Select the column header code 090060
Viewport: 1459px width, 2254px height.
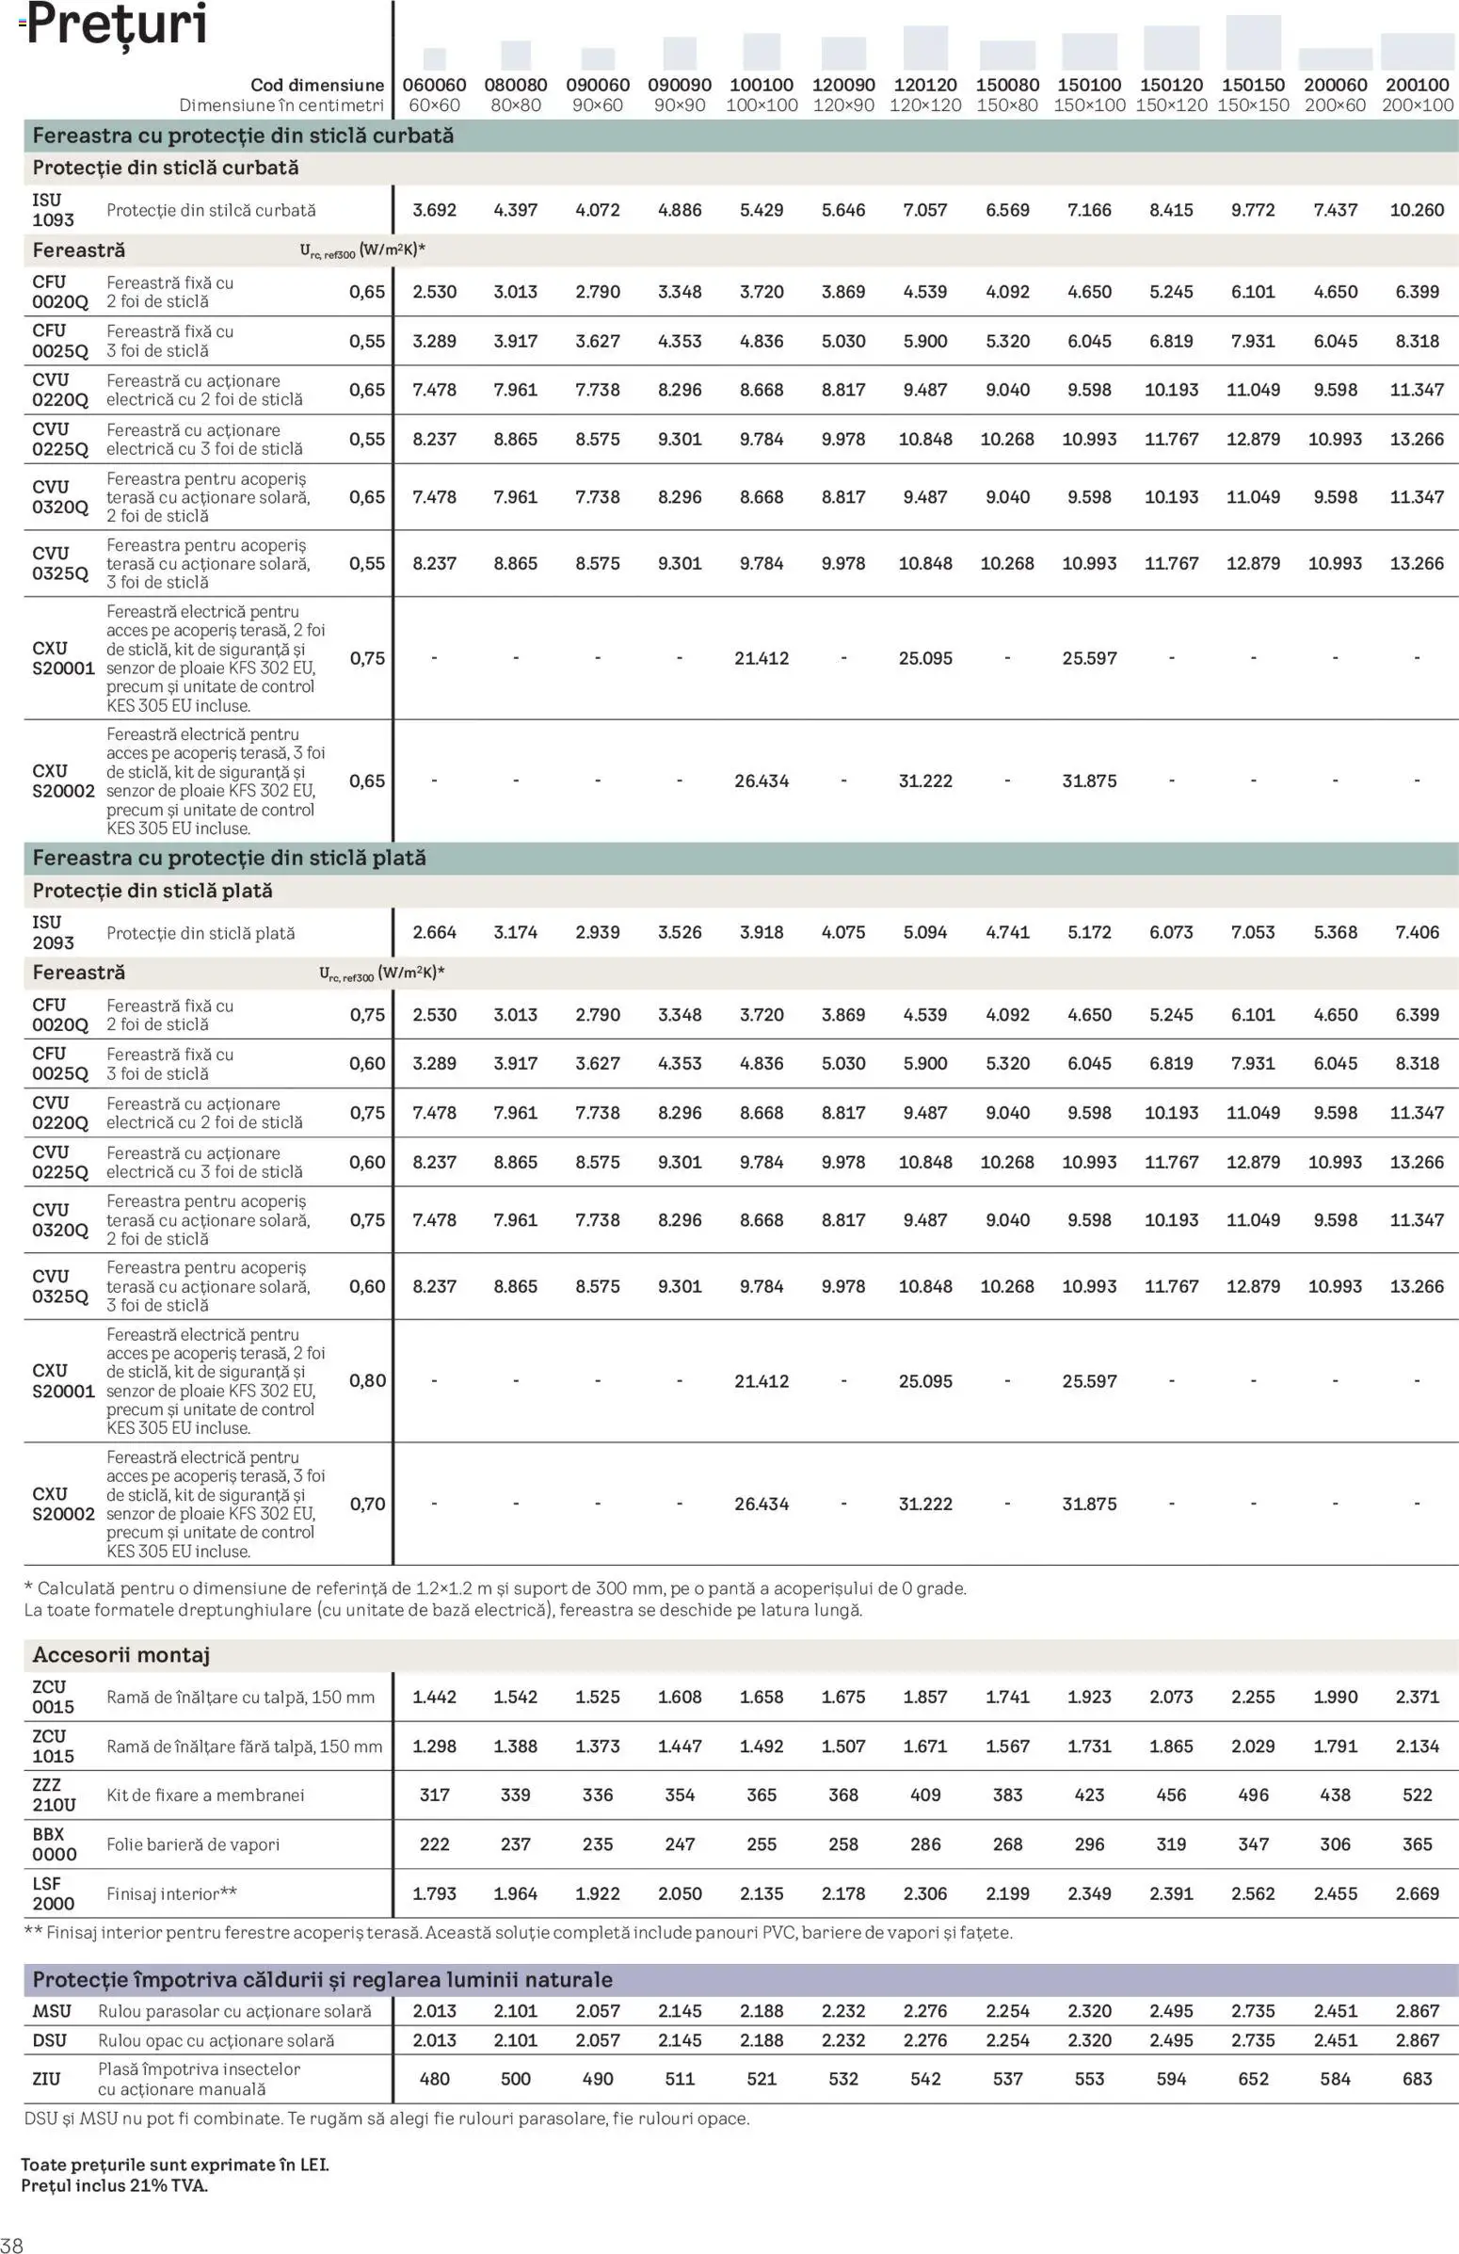point(598,86)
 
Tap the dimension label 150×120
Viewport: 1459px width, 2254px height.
point(1171,106)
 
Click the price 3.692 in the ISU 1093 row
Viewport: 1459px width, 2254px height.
point(434,210)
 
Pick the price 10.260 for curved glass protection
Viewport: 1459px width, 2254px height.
point(1417,210)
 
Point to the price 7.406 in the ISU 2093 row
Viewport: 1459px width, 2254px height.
point(1417,933)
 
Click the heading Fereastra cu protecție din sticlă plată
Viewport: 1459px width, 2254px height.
point(229,858)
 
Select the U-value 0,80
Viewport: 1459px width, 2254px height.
point(367,1381)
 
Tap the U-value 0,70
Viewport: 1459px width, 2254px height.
point(367,1504)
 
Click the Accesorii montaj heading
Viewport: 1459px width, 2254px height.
point(121,1654)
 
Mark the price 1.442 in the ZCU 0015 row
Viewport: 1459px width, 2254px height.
point(434,1698)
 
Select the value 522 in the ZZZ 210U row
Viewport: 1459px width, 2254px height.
point(1417,1795)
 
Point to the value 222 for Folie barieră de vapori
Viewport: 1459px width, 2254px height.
point(434,1843)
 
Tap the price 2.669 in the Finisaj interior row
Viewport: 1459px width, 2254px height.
point(1417,1893)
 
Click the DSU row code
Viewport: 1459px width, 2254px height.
point(49,2041)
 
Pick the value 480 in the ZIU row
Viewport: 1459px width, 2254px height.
point(434,2079)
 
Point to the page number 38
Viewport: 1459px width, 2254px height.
point(11,2244)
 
